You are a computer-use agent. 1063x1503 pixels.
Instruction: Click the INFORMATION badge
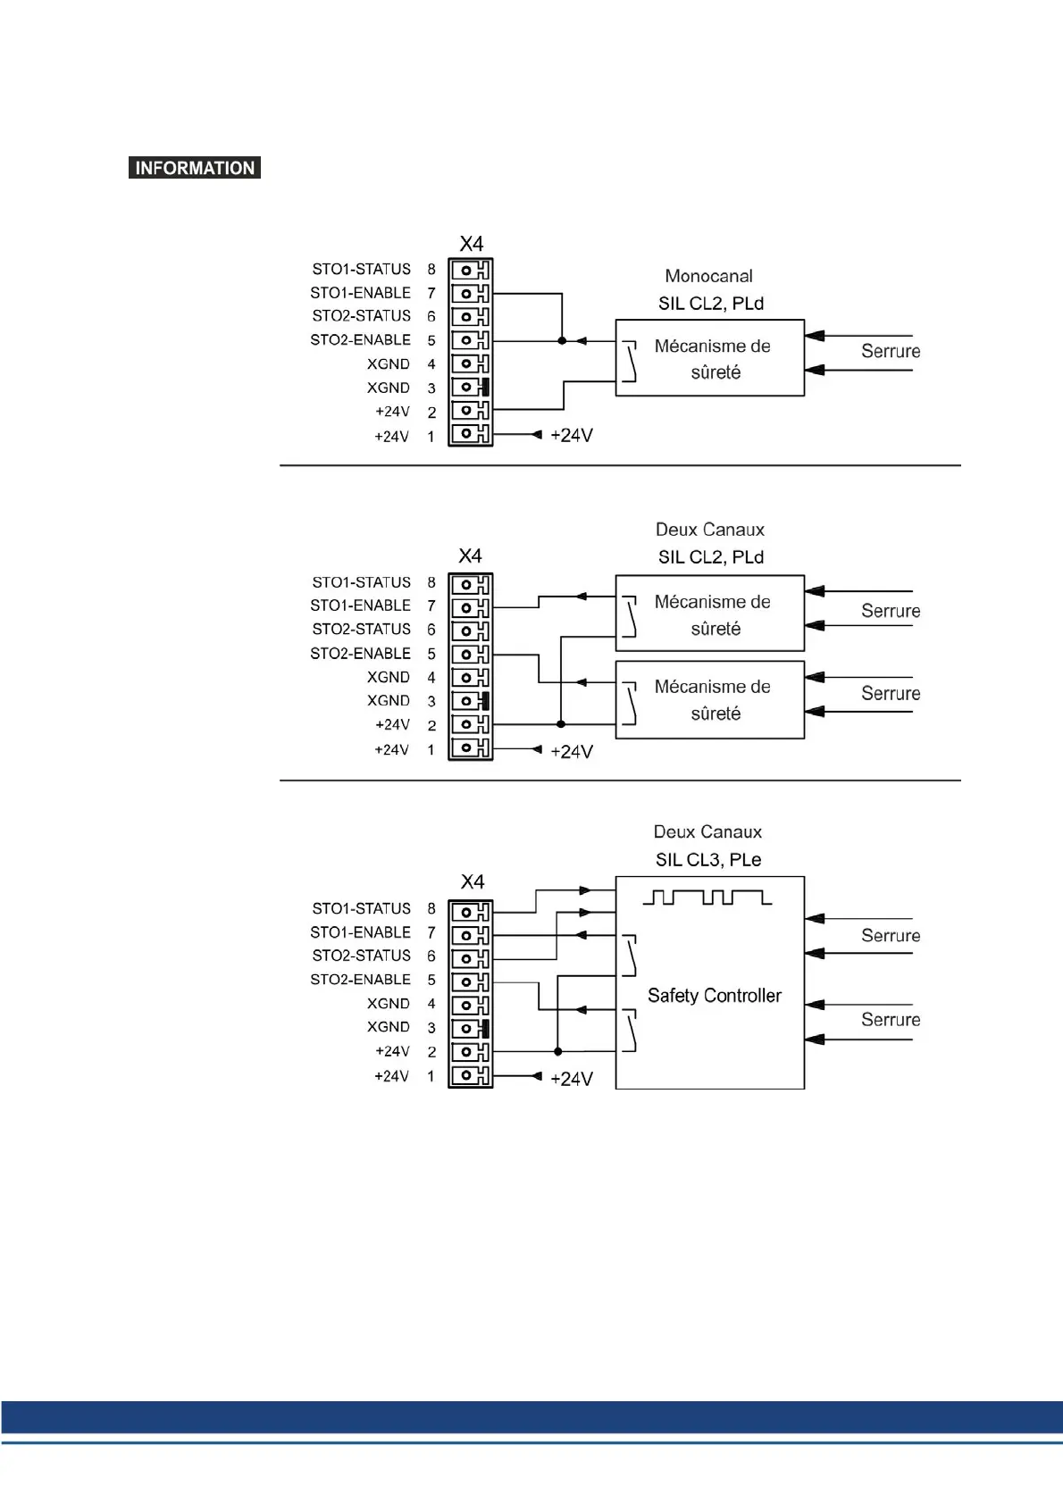(x=195, y=168)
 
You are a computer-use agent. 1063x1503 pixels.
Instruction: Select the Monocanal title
(x=708, y=276)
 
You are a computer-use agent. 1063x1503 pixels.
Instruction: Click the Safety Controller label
(x=714, y=996)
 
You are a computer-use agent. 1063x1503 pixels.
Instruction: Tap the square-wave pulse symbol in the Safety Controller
(x=707, y=897)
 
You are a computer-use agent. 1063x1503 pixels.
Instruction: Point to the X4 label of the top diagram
(x=471, y=244)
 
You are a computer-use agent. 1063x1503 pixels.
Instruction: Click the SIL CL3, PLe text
(x=708, y=859)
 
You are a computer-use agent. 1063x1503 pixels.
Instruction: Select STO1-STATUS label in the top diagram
(x=361, y=269)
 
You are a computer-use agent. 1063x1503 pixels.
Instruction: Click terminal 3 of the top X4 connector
(x=470, y=387)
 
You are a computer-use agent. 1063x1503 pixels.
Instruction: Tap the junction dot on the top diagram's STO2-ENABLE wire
(x=562, y=340)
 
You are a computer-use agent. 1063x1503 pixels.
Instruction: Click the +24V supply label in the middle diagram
(x=572, y=751)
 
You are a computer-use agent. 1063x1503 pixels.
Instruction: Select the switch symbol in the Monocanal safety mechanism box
(x=630, y=362)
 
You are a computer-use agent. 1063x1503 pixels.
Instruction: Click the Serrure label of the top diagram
(x=890, y=351)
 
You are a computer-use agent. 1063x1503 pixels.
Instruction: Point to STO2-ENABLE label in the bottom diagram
(x=360, y=980)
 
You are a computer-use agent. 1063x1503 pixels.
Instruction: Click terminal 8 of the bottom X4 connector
(x=470, y=912)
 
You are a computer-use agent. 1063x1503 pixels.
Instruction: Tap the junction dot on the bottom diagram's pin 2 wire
(x=558, y=1051)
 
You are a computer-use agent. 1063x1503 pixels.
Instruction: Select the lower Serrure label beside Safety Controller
(x=890, y=1020)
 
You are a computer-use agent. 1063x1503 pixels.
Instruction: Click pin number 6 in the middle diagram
(x=431, y=630)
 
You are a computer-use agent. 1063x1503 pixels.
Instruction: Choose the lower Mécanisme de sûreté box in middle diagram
(x=710, y=700)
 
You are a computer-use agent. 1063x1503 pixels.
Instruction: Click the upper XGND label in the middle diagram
(x=388, y=677)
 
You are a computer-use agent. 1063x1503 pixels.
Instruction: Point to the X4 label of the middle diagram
(x=470, y=555)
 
